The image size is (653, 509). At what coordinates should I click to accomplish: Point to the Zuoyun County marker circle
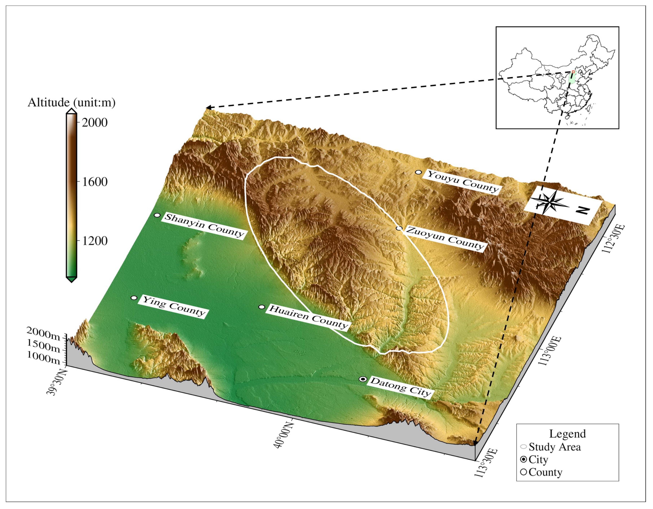click(399, 228)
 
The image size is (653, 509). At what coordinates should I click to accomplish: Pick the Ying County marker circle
click(134, 298)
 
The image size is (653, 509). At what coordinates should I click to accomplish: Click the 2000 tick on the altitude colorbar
click(94, 122)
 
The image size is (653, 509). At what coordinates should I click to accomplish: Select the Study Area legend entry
click(555, 447)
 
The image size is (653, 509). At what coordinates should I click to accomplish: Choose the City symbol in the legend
click(523, 459)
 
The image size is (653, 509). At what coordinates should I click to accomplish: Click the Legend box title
click(567, 434)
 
